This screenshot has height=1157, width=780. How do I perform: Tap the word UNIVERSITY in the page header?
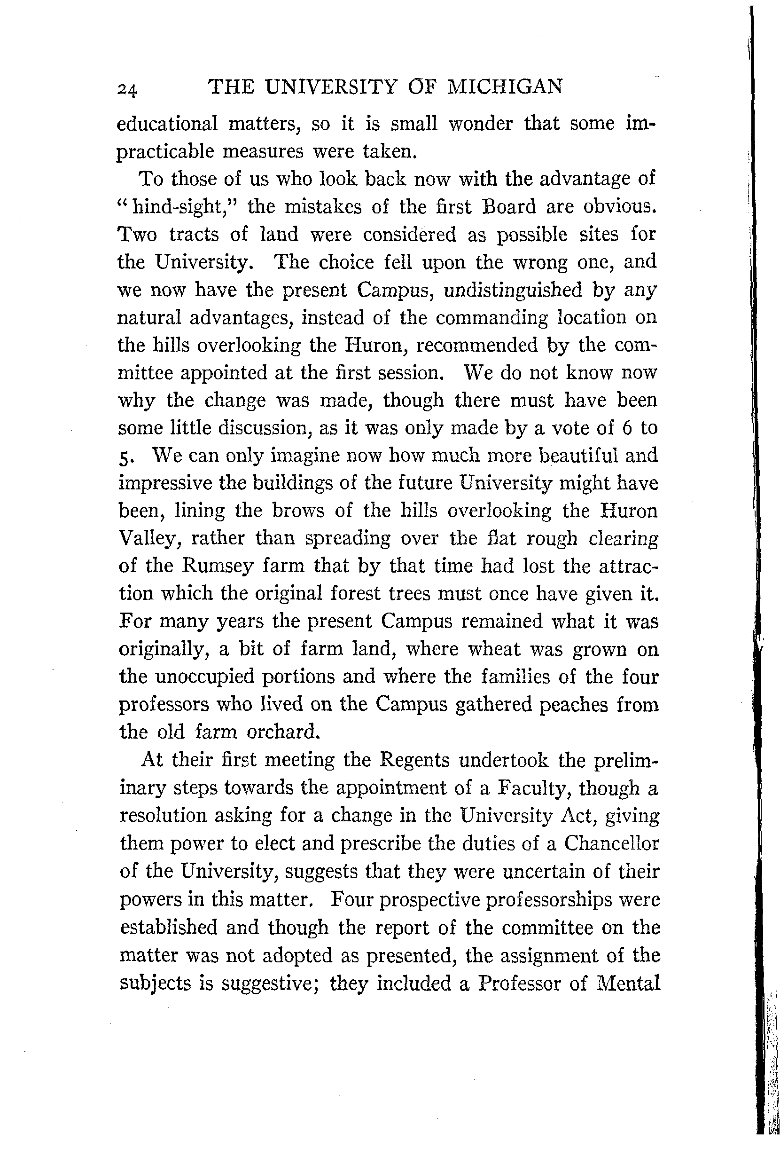pos(331,87)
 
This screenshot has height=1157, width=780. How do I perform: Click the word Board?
pos(509,206)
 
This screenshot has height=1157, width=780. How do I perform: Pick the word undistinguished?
pos(512,290)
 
